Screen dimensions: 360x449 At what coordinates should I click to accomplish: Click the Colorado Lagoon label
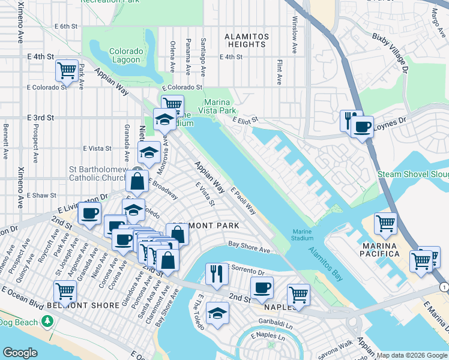tap(127, 56)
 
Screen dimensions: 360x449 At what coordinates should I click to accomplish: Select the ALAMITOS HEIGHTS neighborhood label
tap(246, 40)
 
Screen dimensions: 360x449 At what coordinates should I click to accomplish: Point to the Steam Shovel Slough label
tap(413, 175)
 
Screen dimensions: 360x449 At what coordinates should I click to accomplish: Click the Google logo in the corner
tap(20, 353)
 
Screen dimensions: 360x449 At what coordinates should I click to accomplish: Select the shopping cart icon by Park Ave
tap(67, 70)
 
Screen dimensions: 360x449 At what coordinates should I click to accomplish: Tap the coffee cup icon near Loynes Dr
tap(363, 127)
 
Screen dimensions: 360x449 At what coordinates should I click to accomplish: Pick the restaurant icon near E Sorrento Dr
tap(216, 273)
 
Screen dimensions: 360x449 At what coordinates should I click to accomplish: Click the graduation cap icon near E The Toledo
tap(217, 312)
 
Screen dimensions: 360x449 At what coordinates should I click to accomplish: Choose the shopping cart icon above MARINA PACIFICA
tap(385, 223)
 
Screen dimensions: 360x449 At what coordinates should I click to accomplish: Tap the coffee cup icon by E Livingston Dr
tap(90, 213)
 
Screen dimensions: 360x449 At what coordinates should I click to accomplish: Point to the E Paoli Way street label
tap(243, 202)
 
